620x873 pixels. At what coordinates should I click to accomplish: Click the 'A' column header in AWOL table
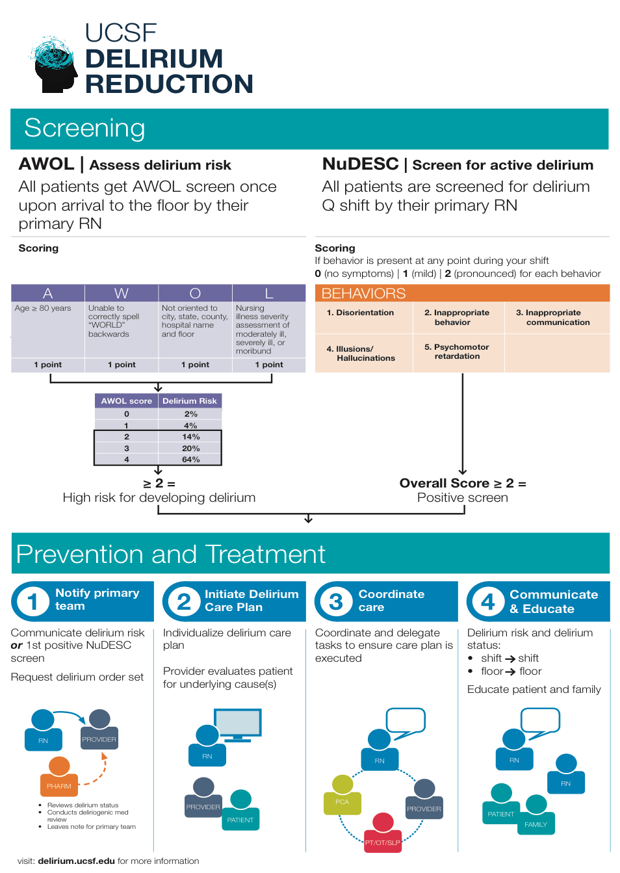click(47, 293)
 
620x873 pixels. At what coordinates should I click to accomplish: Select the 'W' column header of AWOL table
click(122, 293)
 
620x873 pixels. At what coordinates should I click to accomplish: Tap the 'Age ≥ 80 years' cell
click(43, 308)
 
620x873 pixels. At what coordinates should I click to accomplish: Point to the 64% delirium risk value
click(190, 460)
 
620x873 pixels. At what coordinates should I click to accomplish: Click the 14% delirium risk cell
click(190, 437)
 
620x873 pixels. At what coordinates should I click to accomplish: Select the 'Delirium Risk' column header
click(190, 401)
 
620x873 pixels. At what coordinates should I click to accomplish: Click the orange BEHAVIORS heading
click(364, 293)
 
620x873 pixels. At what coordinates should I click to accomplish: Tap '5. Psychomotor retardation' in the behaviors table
click(457, 352)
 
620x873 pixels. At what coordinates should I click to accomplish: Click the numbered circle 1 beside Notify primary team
click(32, 601)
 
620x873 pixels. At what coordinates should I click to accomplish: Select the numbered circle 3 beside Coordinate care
click(335, 601)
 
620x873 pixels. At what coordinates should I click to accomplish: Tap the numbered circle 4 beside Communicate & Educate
click(487, 601)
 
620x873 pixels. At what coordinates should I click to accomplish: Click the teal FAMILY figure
click(536, 814)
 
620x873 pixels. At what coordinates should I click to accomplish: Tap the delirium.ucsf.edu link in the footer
click(77, 861)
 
